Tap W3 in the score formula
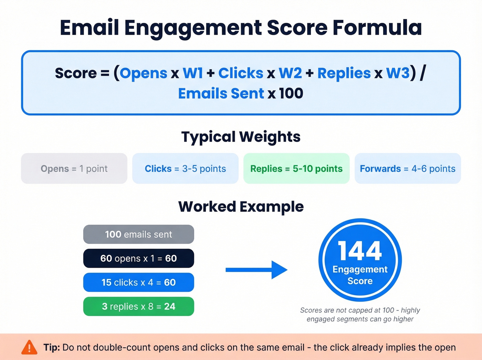click(398, 73)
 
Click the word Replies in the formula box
click(344, 73)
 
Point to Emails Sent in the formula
click(221, 93)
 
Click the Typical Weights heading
click(241, 137)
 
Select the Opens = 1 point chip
click(74, 168)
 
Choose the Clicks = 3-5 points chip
click(185, 168)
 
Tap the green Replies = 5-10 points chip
click(296, 168)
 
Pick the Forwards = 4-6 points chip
click(408, 168)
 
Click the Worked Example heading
click(241, 207)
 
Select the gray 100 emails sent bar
click(138, 234)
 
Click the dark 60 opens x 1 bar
click(138, 258)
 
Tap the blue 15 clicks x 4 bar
click(138, 282)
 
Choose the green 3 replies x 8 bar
click(138, 306)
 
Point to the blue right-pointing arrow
click(256, 270)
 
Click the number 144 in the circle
click(360, 251)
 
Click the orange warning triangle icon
click(29, 347)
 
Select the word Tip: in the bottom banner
click(52, 347)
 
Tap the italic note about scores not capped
click(360, 315)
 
